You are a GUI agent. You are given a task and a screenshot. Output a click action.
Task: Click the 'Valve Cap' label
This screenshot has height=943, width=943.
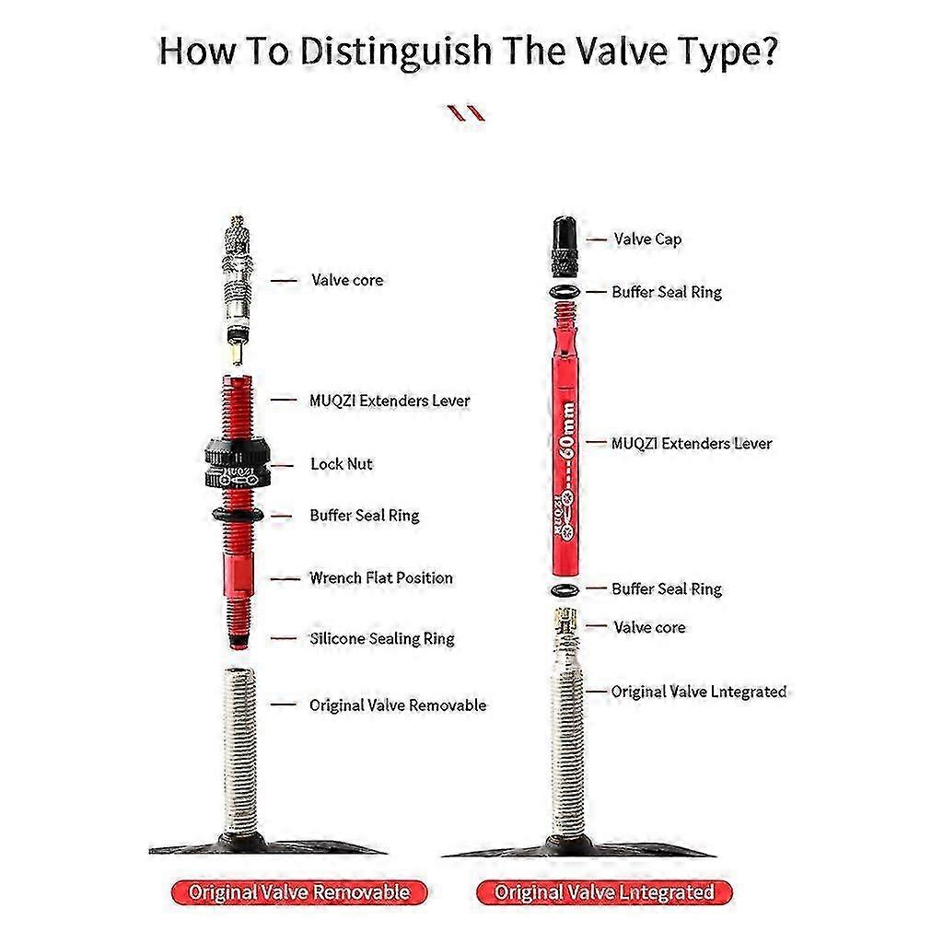click(647, 239)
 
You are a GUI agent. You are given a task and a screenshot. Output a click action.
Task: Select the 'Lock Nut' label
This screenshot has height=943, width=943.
click(341, 464)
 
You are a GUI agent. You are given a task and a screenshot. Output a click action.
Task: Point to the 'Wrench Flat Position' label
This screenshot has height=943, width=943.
click(380, 578)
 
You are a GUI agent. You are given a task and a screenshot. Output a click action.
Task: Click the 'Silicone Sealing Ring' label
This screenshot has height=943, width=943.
click(382, 639)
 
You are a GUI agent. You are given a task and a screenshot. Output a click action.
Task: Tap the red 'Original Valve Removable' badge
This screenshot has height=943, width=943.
click(299, 891)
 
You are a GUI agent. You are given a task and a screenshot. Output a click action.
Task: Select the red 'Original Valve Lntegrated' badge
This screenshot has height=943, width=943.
click(604, 891)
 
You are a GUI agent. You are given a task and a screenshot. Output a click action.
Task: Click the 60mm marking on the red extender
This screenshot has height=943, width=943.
click(566, 431)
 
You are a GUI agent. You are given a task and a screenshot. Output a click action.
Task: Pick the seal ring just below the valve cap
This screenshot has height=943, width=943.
click(565, 292)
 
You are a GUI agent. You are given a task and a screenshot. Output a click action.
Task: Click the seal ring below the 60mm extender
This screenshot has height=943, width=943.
click(565, 589)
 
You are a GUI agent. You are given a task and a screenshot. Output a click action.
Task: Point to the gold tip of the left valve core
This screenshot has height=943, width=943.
click(237, 352)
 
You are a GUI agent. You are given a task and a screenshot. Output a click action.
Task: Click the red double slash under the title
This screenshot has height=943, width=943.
click(466, 113)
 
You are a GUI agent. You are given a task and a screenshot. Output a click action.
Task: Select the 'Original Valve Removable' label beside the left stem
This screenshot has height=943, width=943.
click(398, 704)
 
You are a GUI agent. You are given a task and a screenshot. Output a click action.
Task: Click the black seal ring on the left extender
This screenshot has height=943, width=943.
click(238, 515)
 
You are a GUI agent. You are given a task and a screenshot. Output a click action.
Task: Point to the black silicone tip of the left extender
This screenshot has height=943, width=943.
click(238, 641)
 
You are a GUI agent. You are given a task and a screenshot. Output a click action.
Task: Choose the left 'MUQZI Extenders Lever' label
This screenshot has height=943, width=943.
click(390, 401)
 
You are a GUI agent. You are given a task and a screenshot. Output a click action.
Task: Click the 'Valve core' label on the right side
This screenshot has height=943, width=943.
click(649, 627)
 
